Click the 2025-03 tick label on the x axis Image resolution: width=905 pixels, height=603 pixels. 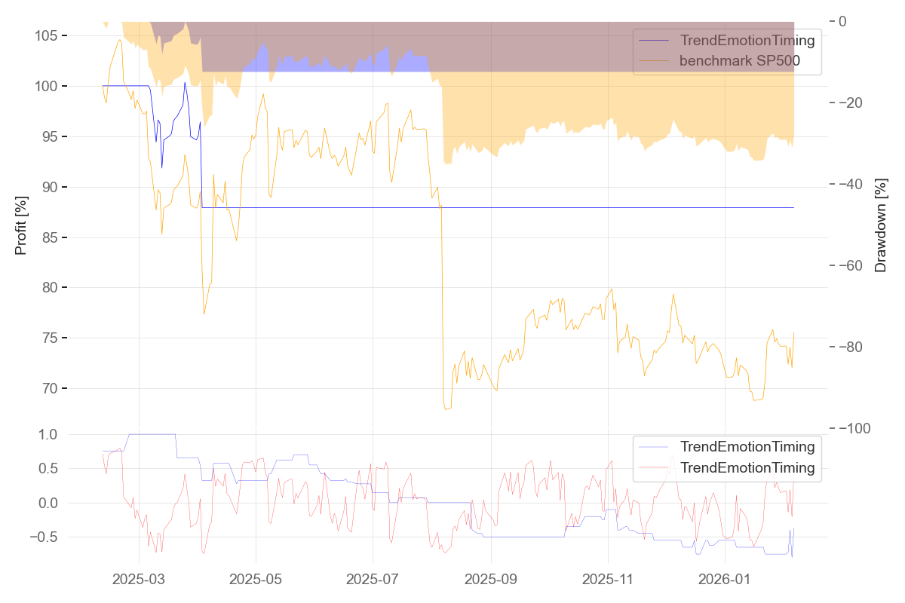point(139,580)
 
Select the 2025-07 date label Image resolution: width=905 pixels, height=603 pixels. point(373,580)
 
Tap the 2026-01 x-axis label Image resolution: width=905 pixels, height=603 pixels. point(725,580)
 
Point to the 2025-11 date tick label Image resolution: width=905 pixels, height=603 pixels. point(608,580)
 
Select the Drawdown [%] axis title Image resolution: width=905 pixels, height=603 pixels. point(880,225)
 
